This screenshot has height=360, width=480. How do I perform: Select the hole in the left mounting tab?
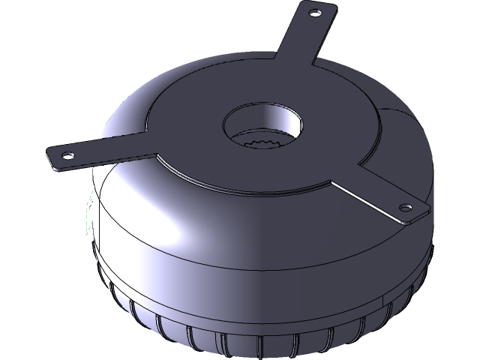click(67, 155)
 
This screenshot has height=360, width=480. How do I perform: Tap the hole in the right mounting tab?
click(406, 206)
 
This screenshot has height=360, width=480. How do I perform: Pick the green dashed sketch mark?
click(88, 214)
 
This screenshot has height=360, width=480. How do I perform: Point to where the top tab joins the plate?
click(281, 71)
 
